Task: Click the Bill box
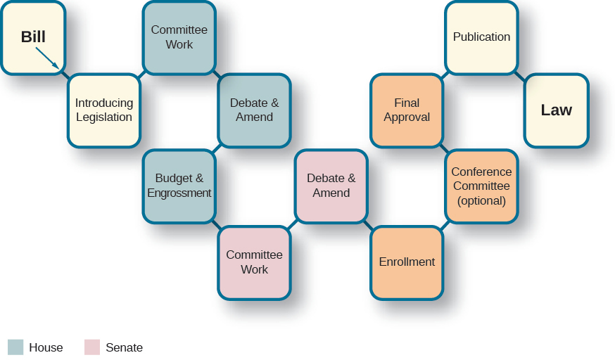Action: tap(33, 38)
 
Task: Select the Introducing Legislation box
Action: tap(104, 110)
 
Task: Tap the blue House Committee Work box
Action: tap(179, 37)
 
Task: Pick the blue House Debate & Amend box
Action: tap(254, 110)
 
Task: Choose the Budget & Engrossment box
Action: tap(179, 186)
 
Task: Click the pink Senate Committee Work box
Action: tap(254, 262)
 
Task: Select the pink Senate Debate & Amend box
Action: tap(331, 186)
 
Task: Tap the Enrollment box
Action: tap(407, 262)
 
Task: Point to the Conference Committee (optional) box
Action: tap(481, 186)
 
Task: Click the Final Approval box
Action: tap(407, 110)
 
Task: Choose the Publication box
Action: tap(481, 37)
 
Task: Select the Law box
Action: tap(556, 110)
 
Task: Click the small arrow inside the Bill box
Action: tap(47, 58)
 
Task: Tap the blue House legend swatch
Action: tap(15, 347)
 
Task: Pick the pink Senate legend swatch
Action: tap(92, 347)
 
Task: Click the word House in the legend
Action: tap(46, 347)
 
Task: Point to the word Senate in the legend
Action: tap(124, 347)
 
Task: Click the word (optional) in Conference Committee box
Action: tap(481, 201)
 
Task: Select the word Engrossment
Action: tap(179, 193)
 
